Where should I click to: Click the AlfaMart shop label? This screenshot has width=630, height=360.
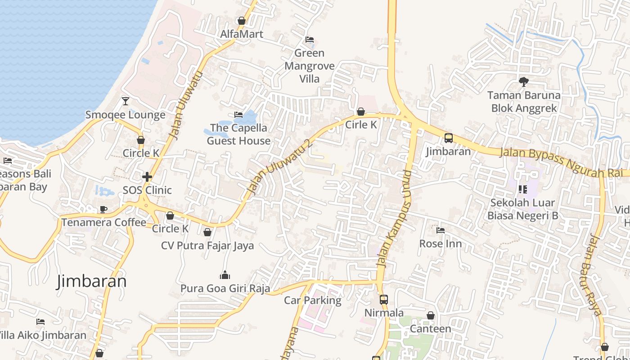242,34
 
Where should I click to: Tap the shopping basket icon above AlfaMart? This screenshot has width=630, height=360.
242,21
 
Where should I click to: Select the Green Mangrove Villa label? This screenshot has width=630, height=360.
310,66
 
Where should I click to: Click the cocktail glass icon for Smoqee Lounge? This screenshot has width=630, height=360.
126,101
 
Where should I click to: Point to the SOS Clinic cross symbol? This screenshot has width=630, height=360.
147,177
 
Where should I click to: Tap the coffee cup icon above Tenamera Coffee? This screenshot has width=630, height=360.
103,209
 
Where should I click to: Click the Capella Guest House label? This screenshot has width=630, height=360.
238,134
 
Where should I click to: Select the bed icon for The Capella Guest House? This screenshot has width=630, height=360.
238,115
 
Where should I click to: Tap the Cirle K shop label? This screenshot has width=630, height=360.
361,125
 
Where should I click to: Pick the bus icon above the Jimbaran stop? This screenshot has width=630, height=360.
449,138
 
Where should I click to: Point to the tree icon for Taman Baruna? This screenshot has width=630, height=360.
523,82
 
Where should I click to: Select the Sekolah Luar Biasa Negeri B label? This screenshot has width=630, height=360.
523,209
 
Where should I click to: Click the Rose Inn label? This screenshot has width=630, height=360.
441,243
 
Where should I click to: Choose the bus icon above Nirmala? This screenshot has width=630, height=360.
384,299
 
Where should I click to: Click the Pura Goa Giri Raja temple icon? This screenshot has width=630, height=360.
225,275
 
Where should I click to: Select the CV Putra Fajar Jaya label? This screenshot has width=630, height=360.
207,246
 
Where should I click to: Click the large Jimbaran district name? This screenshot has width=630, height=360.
91,281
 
